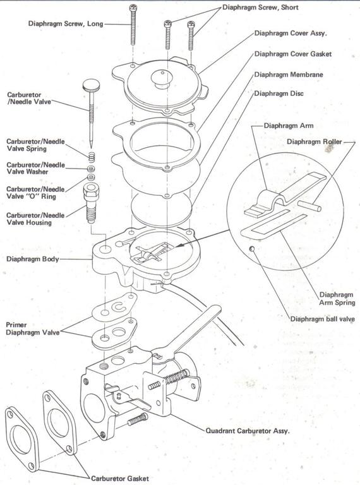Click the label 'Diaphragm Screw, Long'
[x=65, y=24]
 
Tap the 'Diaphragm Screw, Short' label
[x=269, y=8]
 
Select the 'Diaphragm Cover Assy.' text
[x=293, y=33]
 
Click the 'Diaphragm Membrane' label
[x=289, y=74]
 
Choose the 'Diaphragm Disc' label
[x=279, y=93]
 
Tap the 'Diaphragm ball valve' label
[x=322, y=319]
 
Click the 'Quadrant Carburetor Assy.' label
[x=248, y=431]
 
